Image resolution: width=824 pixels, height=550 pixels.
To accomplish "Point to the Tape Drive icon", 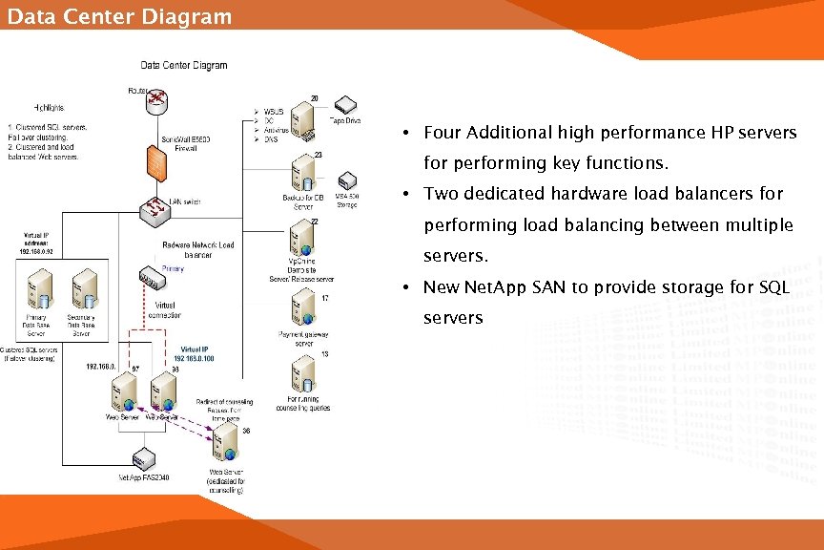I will click(x=344, y=106).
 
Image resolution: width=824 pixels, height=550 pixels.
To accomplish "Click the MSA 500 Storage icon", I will click(x=347, y=180).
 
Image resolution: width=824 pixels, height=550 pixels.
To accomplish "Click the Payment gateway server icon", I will click(x=303, y=307).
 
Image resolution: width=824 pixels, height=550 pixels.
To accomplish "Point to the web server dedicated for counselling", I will click(x=226, y=442).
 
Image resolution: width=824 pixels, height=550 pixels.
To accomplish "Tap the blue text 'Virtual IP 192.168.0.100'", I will click(x=197, y=354).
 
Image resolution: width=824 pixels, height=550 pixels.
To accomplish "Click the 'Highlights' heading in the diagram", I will click(x=50, y=107).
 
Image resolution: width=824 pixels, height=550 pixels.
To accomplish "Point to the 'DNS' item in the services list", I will click(x=271, y=139).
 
